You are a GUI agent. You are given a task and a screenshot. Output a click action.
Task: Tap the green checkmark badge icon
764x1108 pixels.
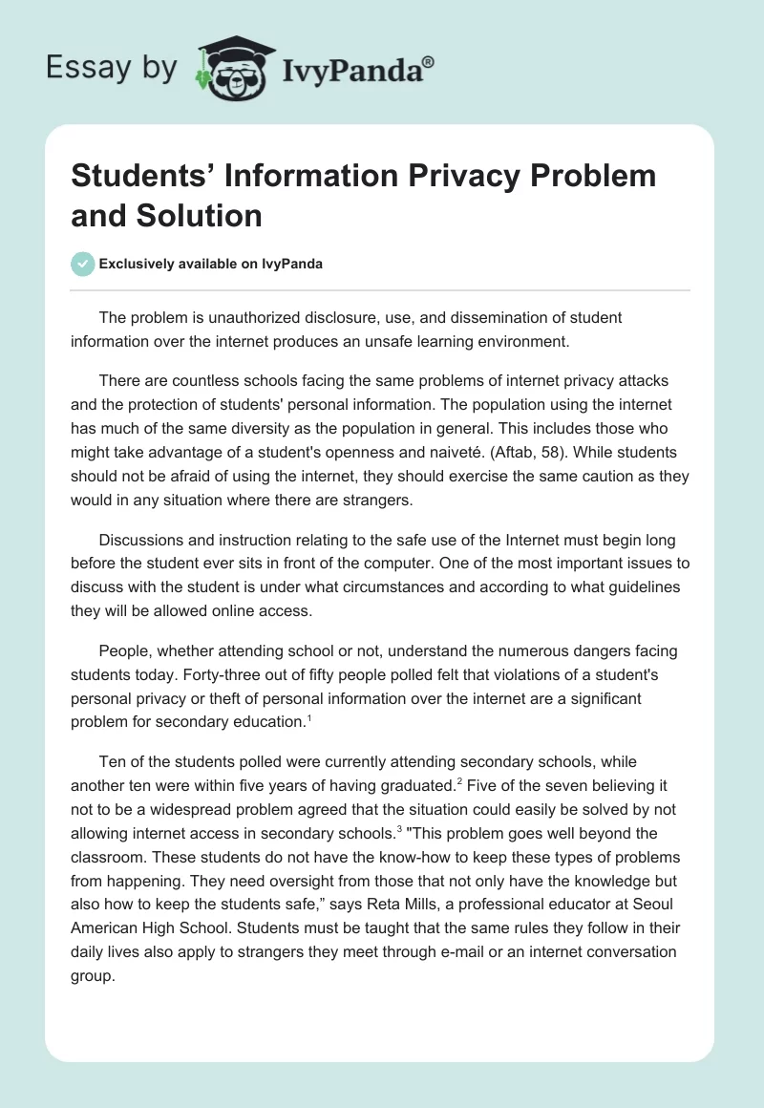[x=83, y=265]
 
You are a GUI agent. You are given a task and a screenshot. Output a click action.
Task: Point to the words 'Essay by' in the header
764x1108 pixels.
[x=113, y=69]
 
